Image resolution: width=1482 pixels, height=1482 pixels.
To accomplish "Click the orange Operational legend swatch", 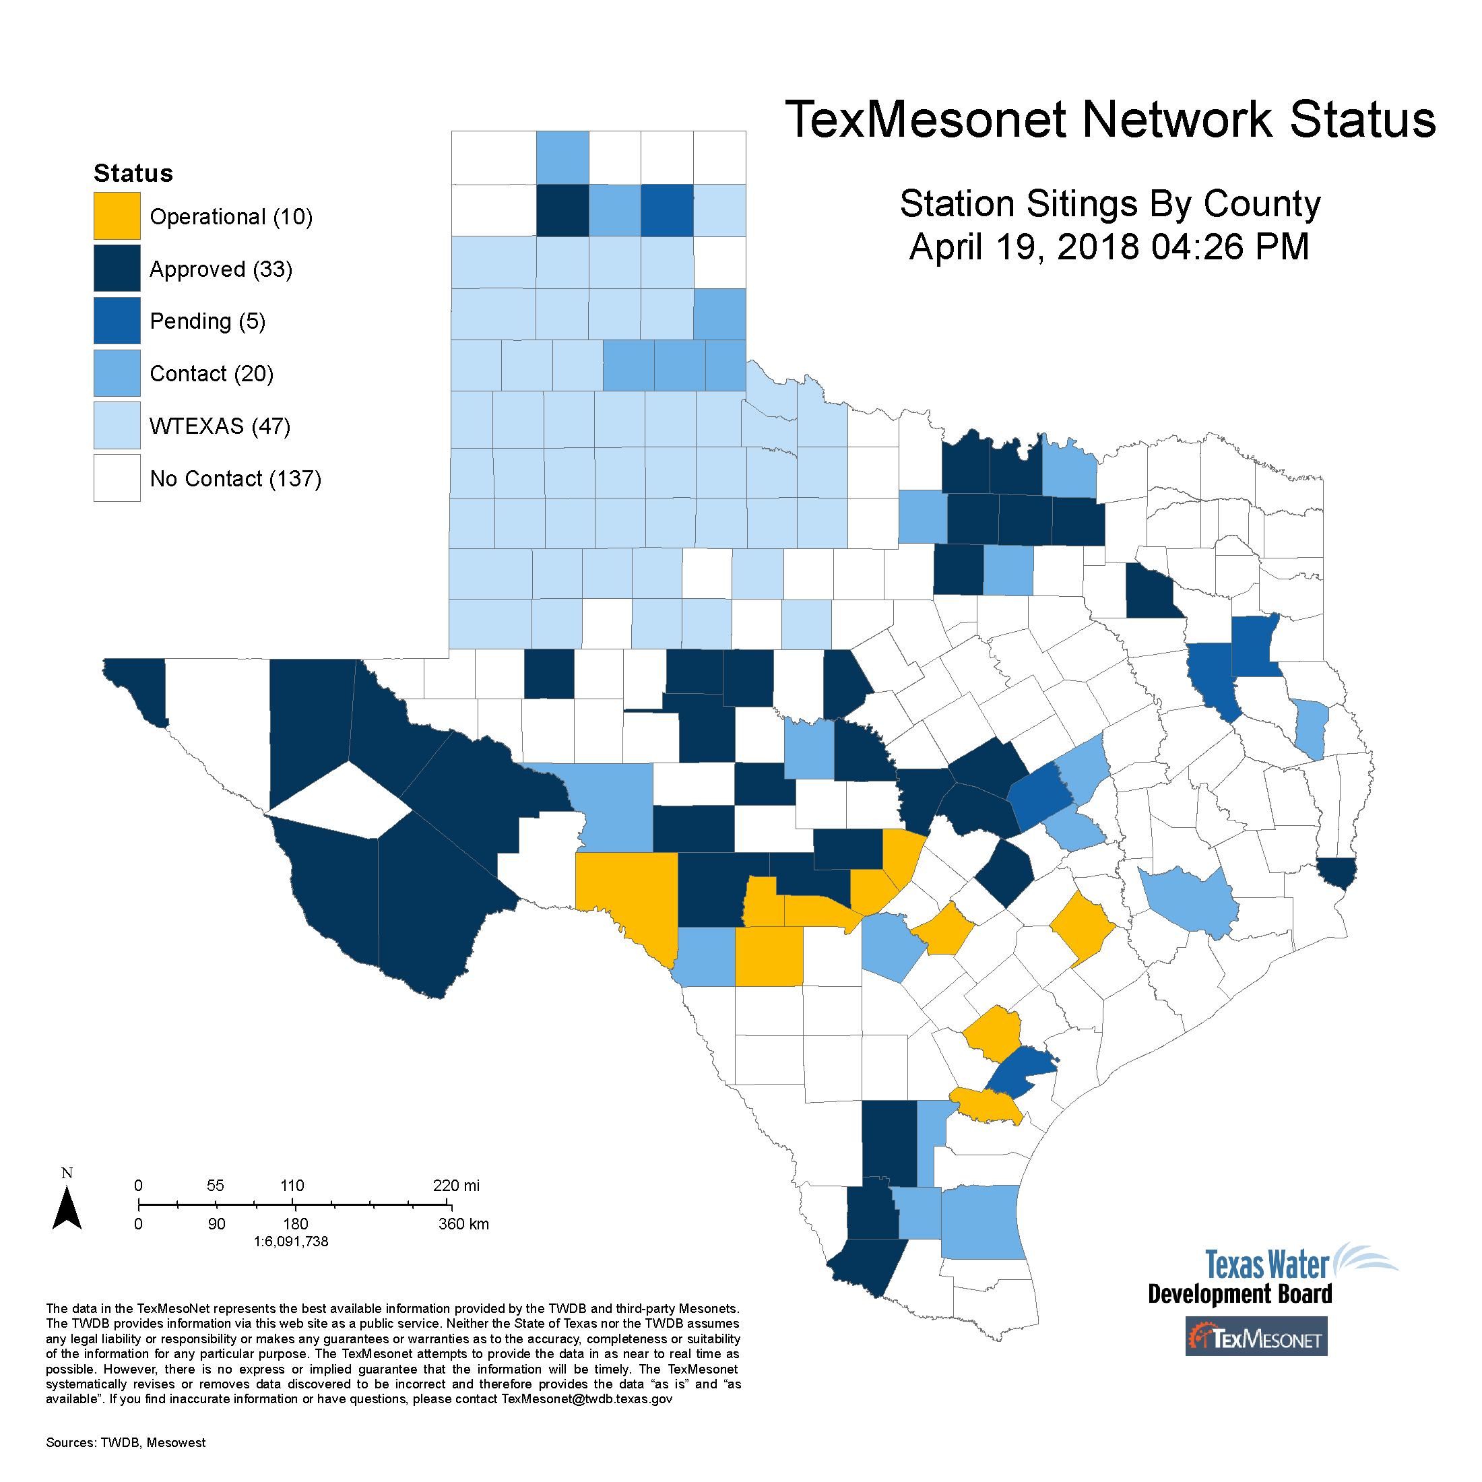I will click(x=117, y=216).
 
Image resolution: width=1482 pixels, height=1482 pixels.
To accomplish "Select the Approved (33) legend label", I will click(x=221, y=269).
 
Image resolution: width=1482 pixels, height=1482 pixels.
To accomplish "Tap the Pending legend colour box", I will click(x=117, y=321).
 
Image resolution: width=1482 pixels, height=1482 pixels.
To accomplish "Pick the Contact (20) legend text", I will click(x=212, y=374).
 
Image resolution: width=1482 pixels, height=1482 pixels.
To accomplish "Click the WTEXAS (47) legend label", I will click(x=220, y=426).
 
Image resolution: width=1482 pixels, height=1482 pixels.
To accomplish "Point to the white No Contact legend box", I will click(x=117, y=478).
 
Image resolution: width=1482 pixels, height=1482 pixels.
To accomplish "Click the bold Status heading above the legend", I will click(x=133, y=173).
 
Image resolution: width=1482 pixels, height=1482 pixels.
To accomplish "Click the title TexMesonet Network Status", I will click(x=1110, y=120).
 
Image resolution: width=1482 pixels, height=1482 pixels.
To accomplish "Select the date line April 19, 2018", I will click(x=1109, y=247).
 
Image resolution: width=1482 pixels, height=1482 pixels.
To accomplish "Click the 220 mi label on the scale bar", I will click(x=457, y=1185).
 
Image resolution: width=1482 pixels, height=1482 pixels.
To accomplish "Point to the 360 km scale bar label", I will click(x=463, y=1224).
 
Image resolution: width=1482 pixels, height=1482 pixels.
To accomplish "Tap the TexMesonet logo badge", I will click(x=1256, y=1339).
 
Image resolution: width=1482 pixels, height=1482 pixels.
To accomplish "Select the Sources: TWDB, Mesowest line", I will click(x=126, y=1443).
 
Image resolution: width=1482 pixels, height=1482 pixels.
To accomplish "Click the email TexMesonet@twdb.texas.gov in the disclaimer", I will click(x=587, y=1399).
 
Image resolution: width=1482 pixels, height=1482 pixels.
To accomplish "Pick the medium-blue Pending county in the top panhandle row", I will click(x=667, y=210).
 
